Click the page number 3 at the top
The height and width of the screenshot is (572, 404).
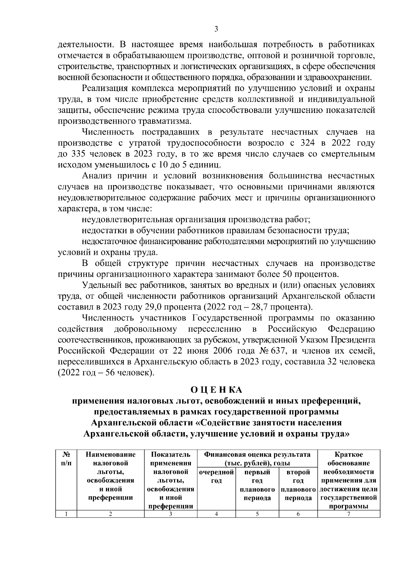tap(216, 29)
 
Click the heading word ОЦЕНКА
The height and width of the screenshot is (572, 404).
tap(216, 390)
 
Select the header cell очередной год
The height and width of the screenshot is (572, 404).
tap(216, 476)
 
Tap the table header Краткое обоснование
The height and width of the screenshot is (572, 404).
tap(348, 459)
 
